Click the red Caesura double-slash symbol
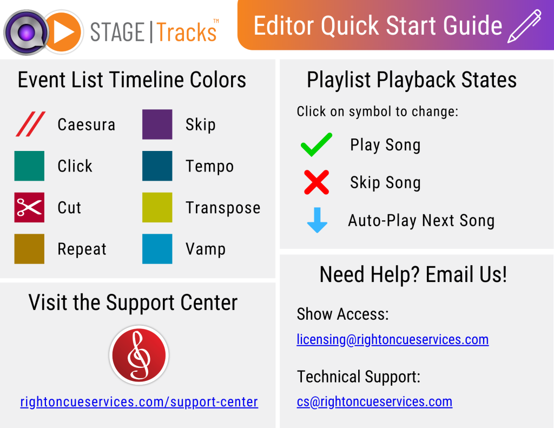[x=31, y=124]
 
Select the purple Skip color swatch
[x=157, y=124]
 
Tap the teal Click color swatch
[x=29, y=166]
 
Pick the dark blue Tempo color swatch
[x=157, y=166]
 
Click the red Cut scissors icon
[x=29, y=207]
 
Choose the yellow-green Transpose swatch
[x=157, y=207]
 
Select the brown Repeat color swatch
[x=29, y=249]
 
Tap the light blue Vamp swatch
[x=157, y=249]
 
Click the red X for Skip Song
[x=316, y=182]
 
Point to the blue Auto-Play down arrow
[x=317, y=220]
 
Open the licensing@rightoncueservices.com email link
[x=393, y=340]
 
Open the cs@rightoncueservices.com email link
[x=374, y=402]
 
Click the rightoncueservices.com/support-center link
[x=139, y=402]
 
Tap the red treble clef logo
[x=139, y=355]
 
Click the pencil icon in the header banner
[x=524, y=27]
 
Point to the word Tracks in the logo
[x=187, y=32]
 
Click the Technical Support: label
[x=359, y=377]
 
